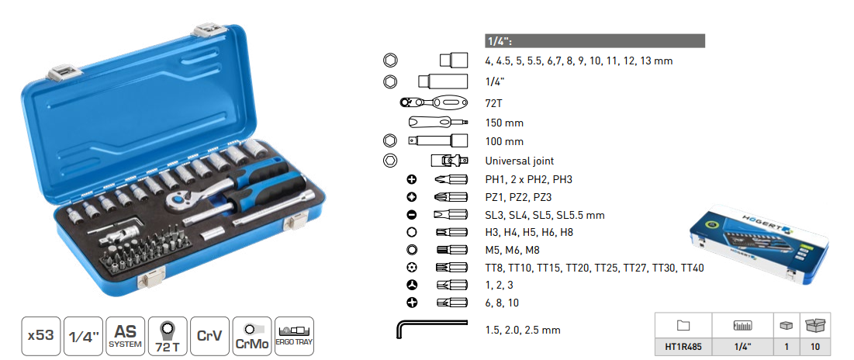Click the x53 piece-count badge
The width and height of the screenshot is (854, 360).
point(41,336)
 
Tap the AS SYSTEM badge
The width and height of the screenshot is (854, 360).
point(125,336)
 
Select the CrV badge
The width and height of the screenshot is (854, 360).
point(209,336)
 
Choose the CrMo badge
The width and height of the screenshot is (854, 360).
point(251,336)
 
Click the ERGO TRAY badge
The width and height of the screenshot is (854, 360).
point(294,336)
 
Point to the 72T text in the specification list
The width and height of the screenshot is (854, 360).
point(493,103)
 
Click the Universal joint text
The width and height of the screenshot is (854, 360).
point(519,161)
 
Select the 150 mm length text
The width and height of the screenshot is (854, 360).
point(504,123)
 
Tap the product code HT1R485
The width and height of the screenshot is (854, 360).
point(683,346)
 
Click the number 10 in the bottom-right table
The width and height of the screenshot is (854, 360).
point(815,346)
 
